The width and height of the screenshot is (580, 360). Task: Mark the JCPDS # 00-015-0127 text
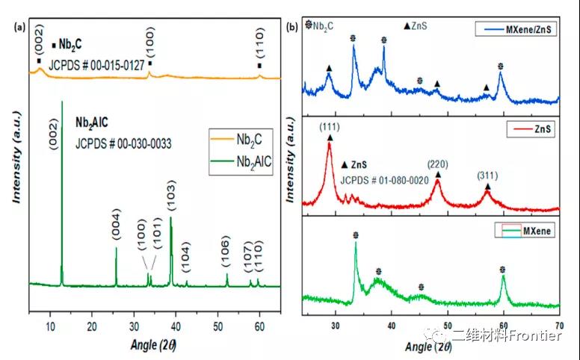click(x=96, y=65)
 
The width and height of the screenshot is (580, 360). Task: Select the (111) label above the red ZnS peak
click(x=330, y=127)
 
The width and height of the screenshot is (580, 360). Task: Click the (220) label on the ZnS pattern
click(x=438, y=162)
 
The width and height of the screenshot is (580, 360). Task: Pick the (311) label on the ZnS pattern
click(x=488, y=176)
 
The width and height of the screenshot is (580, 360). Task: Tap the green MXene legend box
click(x=523, y=232)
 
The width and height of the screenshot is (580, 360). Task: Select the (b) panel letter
click(x=294, y=27)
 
